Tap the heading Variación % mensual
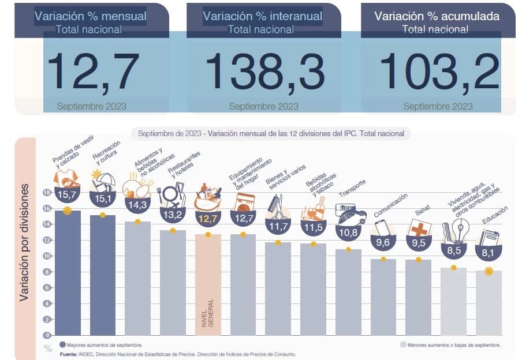pos(91,16)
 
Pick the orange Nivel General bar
pos(208,286)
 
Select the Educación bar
pos(489,303)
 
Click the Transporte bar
pos(348,292)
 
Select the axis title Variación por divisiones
pos(25,242)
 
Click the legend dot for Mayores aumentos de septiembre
pos(62,345)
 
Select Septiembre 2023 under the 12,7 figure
pos(92,106)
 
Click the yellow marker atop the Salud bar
pos(419,260)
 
